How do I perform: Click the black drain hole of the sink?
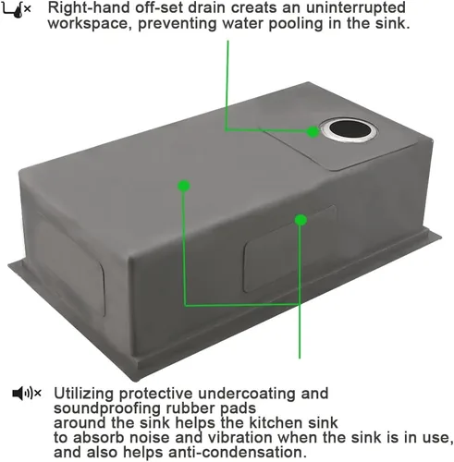(x=349, y=128)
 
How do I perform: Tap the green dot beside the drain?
(x=313, y=132)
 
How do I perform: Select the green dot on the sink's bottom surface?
(x=184, y=186)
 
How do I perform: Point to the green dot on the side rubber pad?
(x=301, y=220)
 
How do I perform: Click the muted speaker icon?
(x=27, y=393)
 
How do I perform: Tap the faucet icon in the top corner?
(x=16, y=10)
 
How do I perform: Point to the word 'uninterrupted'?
(x=356, y=8)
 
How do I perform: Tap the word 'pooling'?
(x=295, y=24)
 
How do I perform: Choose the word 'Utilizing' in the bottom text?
(x=84, y=394)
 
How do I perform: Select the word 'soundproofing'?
(x=107, y=408)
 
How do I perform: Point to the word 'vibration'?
(x=240, y=437)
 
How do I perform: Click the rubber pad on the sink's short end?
(x=70, y=264)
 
